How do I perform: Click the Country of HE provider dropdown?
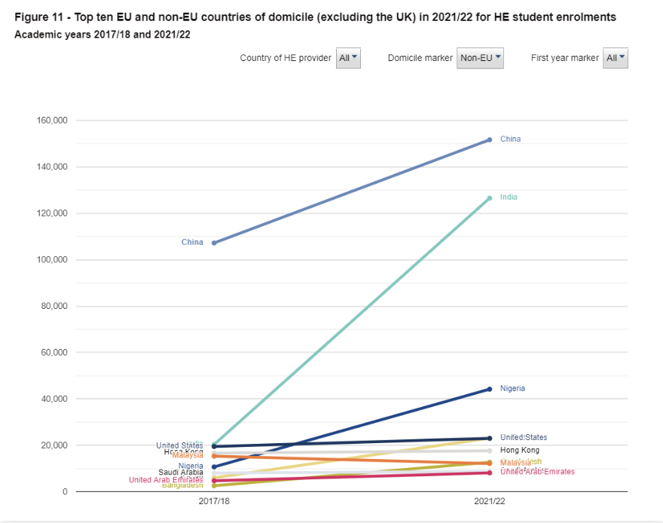[x=348, y=58]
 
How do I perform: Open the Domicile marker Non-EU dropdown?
[x=480, y=58]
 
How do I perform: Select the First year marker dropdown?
[x=615, y=58]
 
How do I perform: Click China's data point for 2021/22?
[x=490, y=139]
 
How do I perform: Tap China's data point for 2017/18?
[x=214, y=243]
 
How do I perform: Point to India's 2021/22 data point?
[x=490, y=198]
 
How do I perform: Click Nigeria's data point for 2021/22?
[x=490, y=389]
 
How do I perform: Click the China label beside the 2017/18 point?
[x=192, y=243]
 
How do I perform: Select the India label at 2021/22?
[x=509, y=197]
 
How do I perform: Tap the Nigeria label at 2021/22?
[x=512, y=389]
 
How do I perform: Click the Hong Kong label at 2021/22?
[x=520, y=451]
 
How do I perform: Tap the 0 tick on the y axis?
[x=65, y=492]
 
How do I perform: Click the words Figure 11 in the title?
[x=41, y=17]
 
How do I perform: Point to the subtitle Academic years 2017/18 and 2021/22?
[x=102, y=35]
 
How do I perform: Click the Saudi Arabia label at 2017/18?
[x=181, y=473]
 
